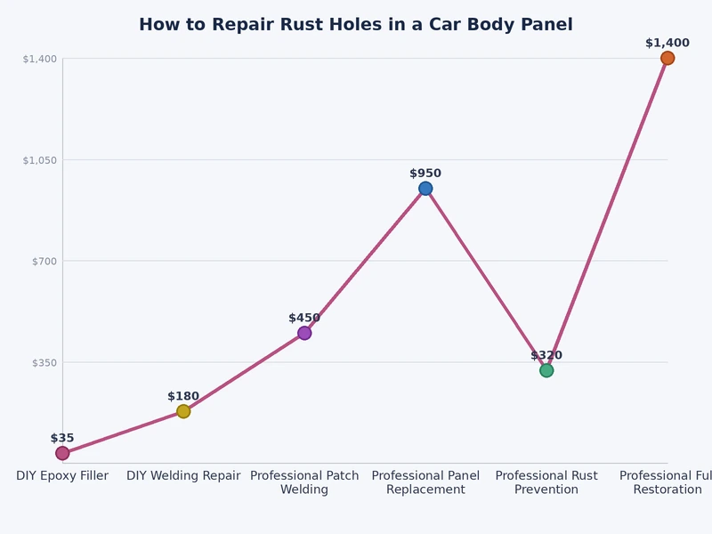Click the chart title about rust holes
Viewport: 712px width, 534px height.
pos(356,25)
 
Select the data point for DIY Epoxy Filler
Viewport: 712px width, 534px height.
pos(62,453)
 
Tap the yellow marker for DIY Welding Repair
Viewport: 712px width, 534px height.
pos(183,411)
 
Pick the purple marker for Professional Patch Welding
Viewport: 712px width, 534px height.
pos(304,333)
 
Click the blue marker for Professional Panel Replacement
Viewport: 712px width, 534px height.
pos(425,189)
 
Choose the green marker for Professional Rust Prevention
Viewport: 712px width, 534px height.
pos(546,370)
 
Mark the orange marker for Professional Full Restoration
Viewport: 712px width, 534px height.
pos(667,58)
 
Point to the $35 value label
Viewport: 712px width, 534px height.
pos(62,438)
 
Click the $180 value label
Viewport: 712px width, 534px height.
pos(183,396)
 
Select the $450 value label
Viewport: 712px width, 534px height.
pos(304,318)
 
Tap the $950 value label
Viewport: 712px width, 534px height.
pos(425,174)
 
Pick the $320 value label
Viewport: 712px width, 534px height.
pos(546,355)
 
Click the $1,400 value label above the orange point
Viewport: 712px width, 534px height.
pos(667,43)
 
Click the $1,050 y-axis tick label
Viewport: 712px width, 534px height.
pos(40,160)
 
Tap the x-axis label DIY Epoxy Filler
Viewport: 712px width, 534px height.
pos(62,476)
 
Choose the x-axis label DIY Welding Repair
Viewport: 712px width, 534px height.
pos(183,476)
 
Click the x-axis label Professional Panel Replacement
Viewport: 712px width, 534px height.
pos(425,482)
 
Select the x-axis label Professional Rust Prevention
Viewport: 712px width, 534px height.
pos(546,482)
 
